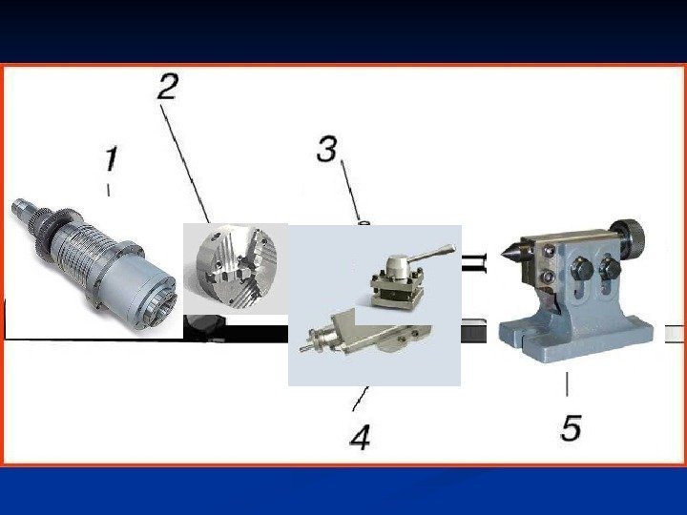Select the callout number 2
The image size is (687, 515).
click(167, 86)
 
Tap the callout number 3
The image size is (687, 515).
click(327, 149)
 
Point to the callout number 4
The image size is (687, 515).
click(360, 436)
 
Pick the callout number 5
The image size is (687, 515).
click(571, 427)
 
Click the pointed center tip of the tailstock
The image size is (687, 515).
click(502, 254)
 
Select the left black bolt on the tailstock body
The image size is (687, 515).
click(582, 268)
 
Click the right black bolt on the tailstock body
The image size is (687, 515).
click(610, 268)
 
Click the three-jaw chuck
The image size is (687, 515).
click(237, 267)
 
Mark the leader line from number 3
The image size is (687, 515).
click(350, 191)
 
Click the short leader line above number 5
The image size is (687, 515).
click(567, 384)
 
